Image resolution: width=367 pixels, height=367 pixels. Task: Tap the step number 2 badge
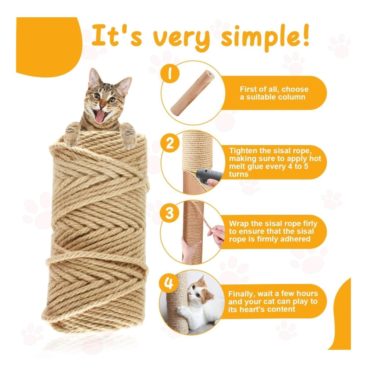(170, 143)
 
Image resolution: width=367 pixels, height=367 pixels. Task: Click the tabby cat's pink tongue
(100, 116)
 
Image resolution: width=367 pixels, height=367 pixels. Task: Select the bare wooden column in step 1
(192, 93)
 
